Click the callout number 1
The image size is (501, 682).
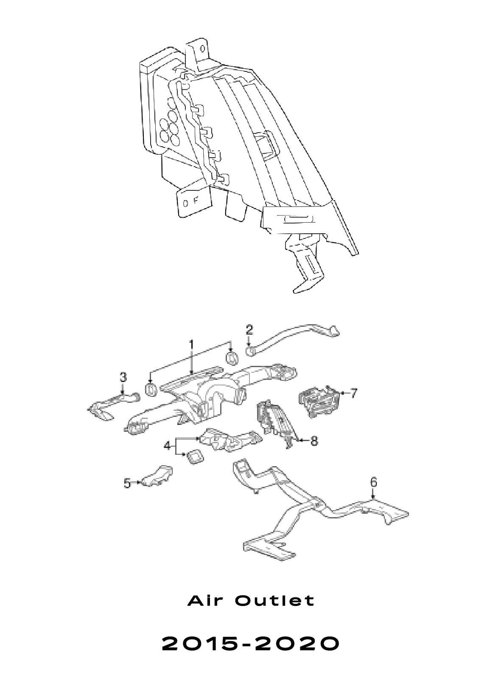coord(191,346)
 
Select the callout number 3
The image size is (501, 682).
coord(123,378)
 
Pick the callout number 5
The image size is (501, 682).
coord(127,483)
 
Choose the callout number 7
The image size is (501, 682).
coord(353,393)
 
